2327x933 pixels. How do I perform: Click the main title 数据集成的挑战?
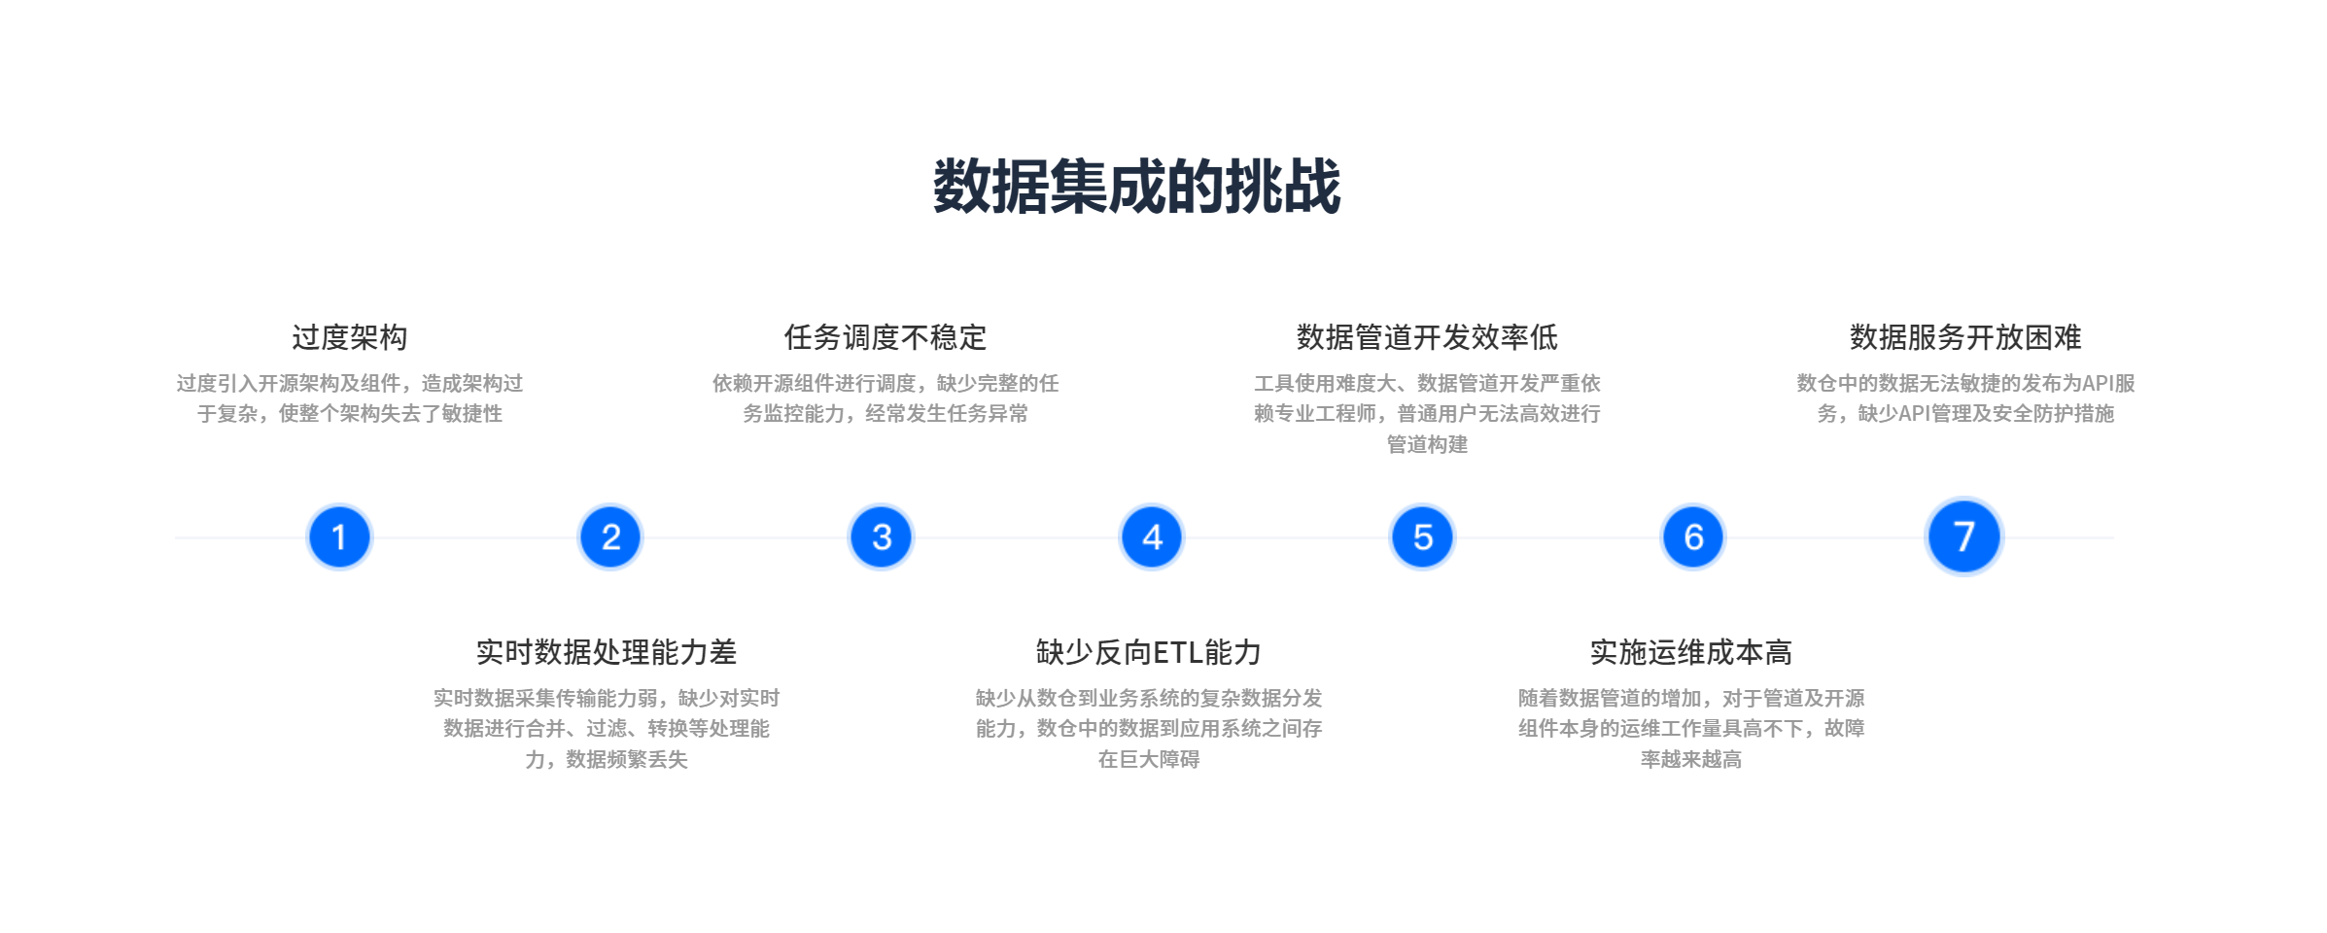click(1136, 187)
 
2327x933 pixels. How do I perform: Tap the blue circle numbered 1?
click(339, 536)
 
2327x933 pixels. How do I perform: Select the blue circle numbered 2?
click(610, 536)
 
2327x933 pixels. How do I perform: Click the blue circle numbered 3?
click(882, 536)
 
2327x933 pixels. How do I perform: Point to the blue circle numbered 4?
click(1152, 536)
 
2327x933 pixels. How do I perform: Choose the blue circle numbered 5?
click(1423, 536)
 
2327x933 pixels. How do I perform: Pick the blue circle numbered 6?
click(1693, 536)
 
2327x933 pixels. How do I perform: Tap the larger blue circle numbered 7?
click(1964, 536)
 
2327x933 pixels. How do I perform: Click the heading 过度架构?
click(350, 337)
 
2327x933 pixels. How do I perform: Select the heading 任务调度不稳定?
click(886, 337)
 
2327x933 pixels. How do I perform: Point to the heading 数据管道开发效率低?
click(1427, 337)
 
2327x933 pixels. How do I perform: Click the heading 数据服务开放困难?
click(1965, 337)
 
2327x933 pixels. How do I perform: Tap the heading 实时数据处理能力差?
click(607, 652)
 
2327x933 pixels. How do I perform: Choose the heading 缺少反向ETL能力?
click(1148, 652)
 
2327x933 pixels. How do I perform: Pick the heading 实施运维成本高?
click(1691, 652)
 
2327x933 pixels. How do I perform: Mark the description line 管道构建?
click(1427, 444)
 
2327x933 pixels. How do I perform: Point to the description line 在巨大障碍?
click(1149, 759)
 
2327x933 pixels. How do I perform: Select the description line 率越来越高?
click(1691, 759)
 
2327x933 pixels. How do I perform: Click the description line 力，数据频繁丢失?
click(607, 759)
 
